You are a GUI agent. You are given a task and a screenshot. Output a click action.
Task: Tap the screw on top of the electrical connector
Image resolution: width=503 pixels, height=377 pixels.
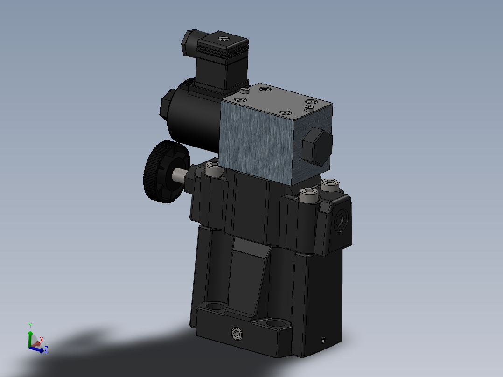[x=224, y=39]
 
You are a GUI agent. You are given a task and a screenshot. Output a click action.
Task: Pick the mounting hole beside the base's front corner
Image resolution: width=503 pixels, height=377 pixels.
[x=275, y=323]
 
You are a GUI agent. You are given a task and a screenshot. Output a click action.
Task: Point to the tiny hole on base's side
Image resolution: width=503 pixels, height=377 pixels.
[x=322, y=339]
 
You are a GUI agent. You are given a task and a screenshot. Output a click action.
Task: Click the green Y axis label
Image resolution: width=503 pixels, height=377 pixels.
[x=30, y=324]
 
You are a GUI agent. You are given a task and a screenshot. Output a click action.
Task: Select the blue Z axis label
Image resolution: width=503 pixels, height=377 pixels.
[x=46, y=349]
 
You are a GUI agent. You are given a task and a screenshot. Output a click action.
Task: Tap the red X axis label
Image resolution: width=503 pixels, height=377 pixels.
[x=42, y=340]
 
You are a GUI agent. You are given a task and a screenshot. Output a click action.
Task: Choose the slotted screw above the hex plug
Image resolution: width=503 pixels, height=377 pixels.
[x=308, y=107]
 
